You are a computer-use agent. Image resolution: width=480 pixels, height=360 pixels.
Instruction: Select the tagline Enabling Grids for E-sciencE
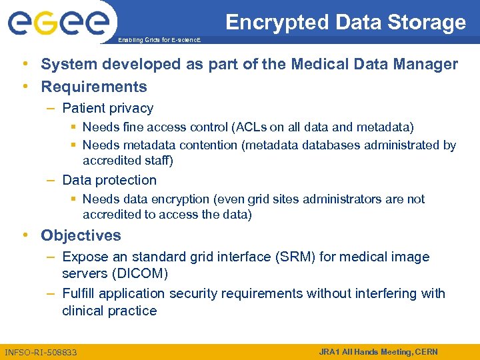click(x=158, y=41)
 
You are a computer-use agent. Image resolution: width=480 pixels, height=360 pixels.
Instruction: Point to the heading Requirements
click(x=94, y=87)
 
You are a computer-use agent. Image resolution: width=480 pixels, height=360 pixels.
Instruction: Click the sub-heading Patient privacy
click(x=107, y=108)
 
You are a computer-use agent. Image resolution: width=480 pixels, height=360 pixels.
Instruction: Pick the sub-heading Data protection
click(x=109, y=180)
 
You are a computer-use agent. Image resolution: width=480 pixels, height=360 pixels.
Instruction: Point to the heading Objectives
click(x=81, y=235)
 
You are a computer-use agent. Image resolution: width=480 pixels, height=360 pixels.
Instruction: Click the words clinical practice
click(x=109, y=311)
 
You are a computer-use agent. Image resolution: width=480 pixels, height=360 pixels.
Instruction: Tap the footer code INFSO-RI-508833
click(x=41, y=352)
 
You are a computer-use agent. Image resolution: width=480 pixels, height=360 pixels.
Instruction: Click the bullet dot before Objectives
click(x=25, y=235)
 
